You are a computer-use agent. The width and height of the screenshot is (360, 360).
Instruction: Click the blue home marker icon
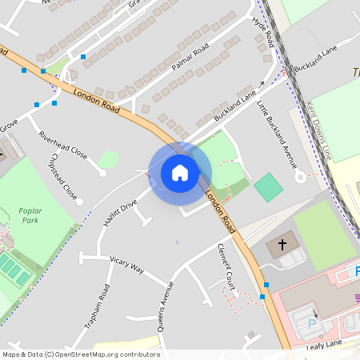click(180, 172)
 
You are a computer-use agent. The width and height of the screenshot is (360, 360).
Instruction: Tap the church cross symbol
click(282, 243)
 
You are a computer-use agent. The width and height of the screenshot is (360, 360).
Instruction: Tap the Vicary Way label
click(126, 265)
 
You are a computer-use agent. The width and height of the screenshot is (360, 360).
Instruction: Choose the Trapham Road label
click(97, 306)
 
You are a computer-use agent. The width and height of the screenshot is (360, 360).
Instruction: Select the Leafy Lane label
click(323, 343)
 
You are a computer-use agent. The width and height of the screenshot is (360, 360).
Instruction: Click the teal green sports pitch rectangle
click(269, 188)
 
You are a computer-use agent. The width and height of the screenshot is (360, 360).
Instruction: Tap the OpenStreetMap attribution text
click(81, 354)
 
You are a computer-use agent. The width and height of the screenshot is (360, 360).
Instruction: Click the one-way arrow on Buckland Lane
click(261, 83)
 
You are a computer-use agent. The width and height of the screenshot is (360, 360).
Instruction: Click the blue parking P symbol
click(312, 324)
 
